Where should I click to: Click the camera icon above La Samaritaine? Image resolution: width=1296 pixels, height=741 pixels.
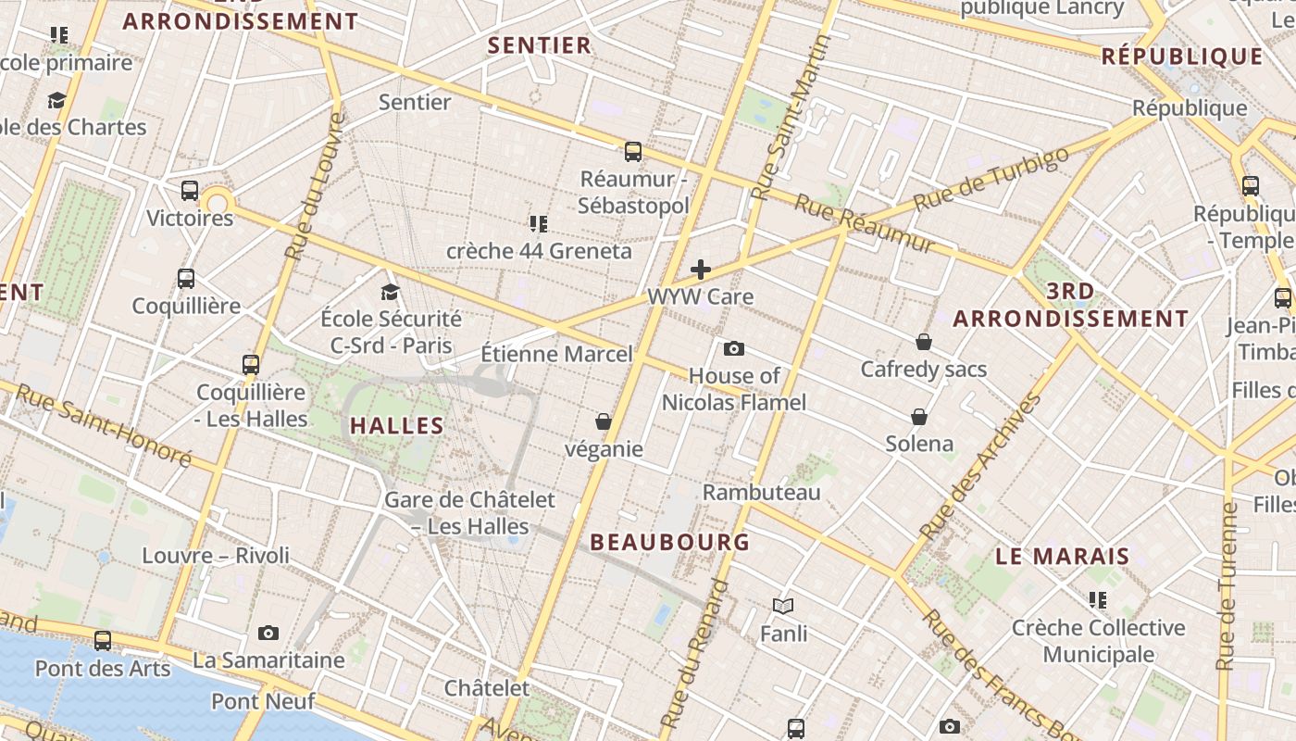(x=268, y=634)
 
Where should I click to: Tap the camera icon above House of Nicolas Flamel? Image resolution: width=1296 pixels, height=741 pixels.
(x=734, y=349)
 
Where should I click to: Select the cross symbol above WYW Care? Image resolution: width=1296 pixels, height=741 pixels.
(x=701, y=270)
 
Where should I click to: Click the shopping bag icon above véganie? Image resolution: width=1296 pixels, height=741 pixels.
(x=604, y=422)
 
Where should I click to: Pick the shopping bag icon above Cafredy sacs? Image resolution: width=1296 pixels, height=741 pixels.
(x=923, y=342)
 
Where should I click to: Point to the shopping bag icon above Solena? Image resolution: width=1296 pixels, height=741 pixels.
(x=919, y=417)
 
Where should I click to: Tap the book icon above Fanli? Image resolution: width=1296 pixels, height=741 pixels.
(x=783, y=607)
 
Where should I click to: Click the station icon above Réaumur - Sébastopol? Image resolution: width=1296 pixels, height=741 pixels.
(x=633, y=152)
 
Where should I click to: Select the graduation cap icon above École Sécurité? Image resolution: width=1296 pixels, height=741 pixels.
(x=390, y=293)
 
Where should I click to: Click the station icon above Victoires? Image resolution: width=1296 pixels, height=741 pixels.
(x=190, y=192)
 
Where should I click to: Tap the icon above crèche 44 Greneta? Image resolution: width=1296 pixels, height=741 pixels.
(x=539, y=223)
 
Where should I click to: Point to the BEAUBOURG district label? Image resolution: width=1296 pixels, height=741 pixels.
(x=670, y=543)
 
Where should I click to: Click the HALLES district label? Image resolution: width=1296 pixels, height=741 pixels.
(x=397, y=426)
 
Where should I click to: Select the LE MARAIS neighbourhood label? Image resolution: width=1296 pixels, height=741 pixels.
(x=1063, y=557)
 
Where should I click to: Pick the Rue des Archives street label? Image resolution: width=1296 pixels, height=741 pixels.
(x=980, y=468)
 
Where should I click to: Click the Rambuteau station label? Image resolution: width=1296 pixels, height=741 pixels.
(x=762, y=493)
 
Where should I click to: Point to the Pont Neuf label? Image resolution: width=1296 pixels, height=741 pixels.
(x=263, y=701)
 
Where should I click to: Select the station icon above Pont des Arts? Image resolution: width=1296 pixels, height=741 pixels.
(x=103, y=641)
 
